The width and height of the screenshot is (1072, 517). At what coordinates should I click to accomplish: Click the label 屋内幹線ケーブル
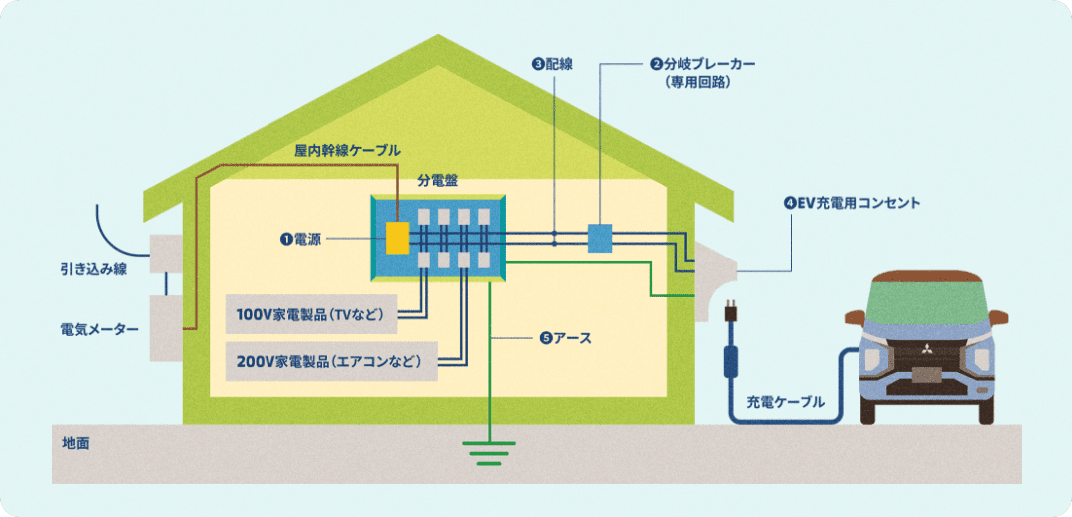[347, 151]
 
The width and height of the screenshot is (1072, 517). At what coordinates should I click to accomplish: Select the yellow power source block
[398, 239]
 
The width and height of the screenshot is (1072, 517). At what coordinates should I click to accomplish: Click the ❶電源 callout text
[300, 239]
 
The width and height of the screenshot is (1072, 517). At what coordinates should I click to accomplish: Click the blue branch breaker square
[599, 238]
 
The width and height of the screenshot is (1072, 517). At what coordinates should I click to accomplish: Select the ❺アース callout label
[565, 338]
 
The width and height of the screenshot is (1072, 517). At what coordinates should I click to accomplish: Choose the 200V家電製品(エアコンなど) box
[330, 360]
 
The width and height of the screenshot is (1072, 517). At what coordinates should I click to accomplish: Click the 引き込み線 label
[92, 269]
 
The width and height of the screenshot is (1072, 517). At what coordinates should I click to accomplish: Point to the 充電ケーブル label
[786, 403]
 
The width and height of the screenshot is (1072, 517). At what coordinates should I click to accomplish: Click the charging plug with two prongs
[732, 311]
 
